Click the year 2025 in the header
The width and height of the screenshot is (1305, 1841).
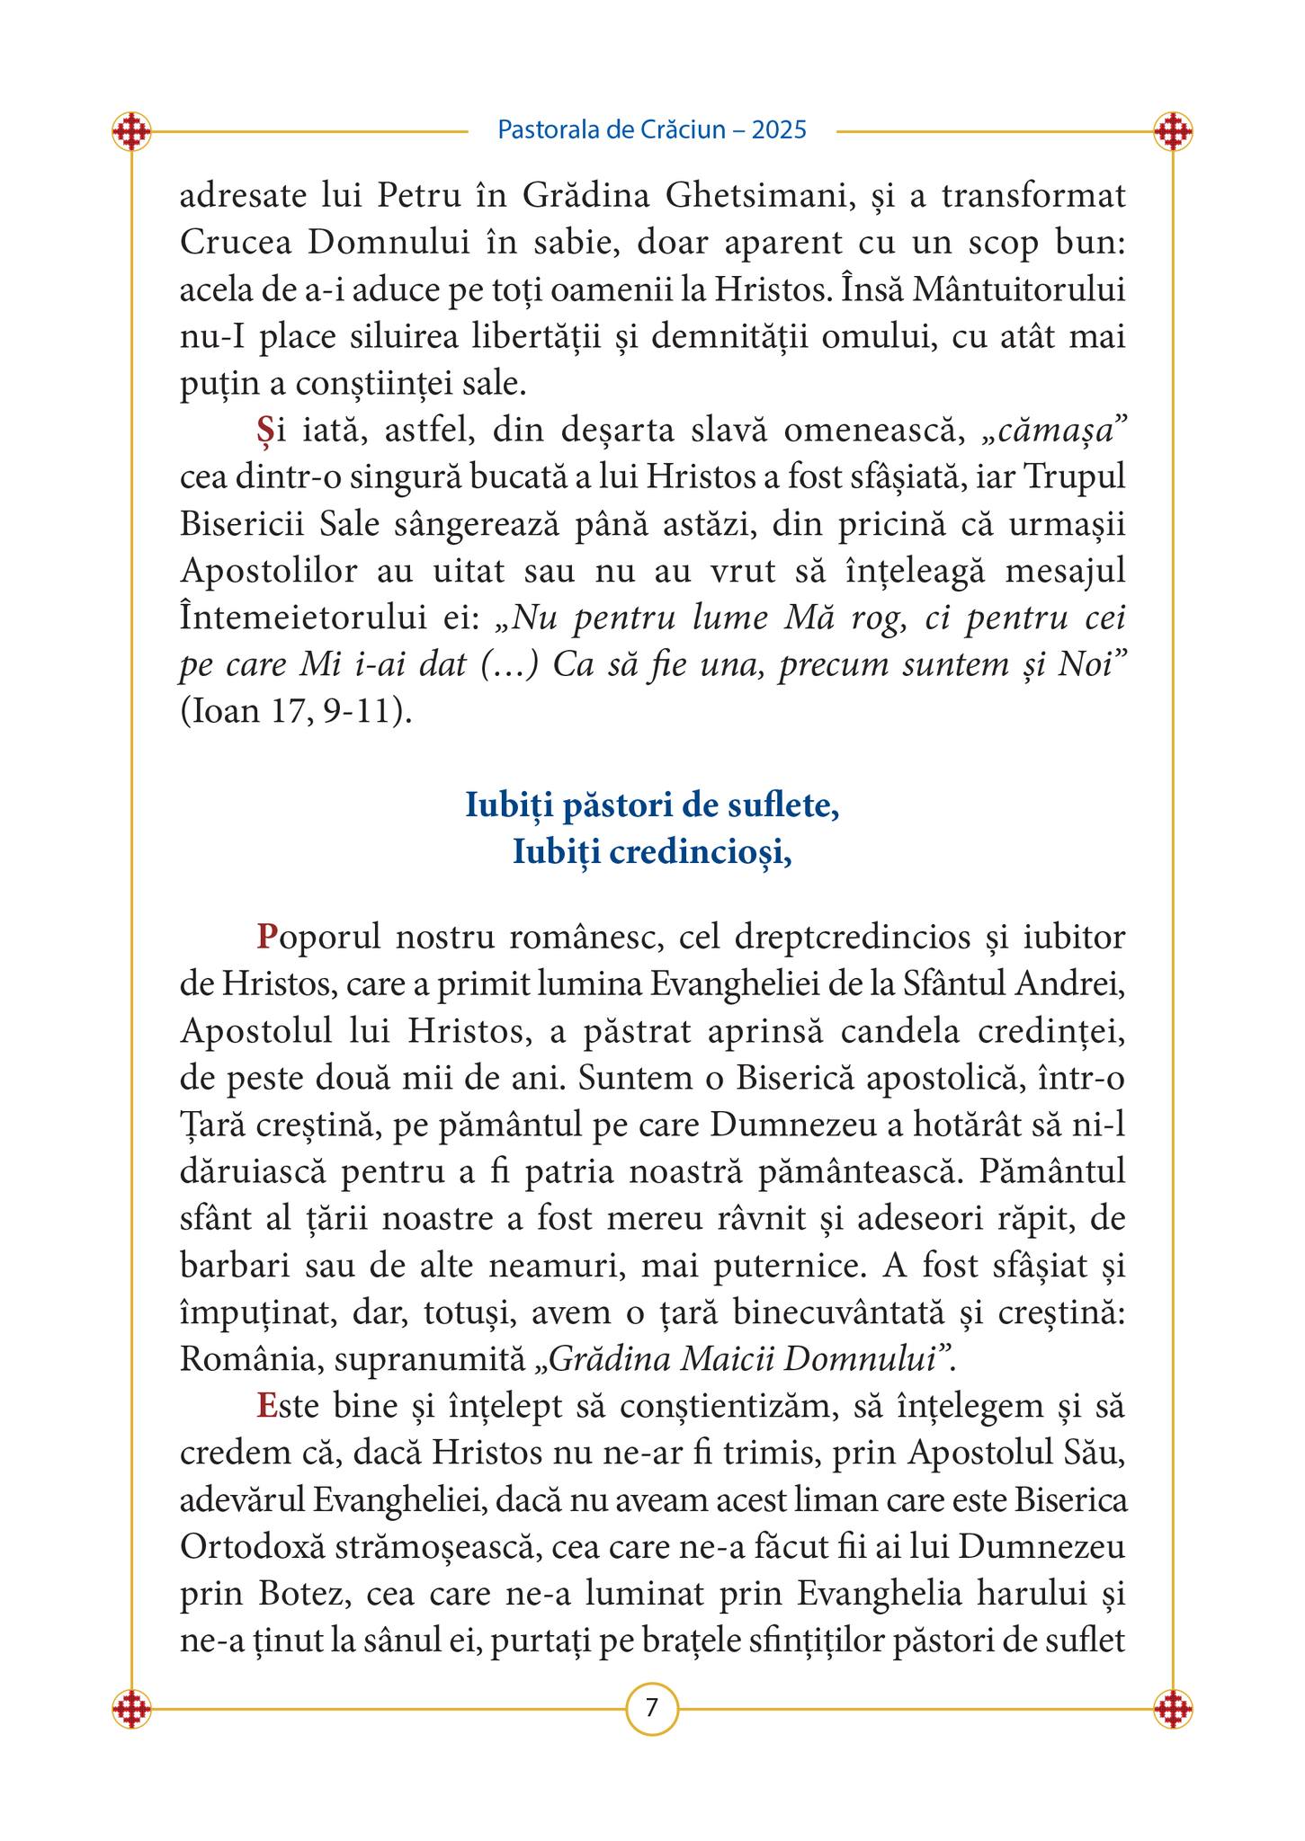tap(779, 130)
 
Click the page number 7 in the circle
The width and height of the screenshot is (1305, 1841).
tap(651, 1706)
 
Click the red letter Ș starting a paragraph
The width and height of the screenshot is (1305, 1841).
tap(264, 431)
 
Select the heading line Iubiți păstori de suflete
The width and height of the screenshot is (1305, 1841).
tap(652, 805)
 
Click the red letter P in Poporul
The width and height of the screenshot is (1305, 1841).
tap(265, 937)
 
